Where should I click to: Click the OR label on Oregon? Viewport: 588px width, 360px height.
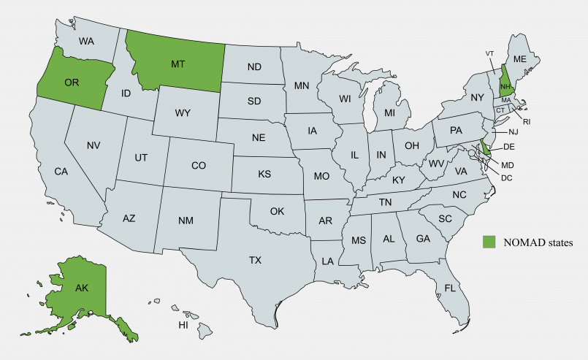tap(72, 83)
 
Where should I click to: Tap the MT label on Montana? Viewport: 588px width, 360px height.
tap(178, 64)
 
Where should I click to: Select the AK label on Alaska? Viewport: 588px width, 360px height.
tap(82, 288)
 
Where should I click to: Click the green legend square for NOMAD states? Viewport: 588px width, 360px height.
tap(489, 240)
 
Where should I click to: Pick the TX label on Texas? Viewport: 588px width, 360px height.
tap(255, 259)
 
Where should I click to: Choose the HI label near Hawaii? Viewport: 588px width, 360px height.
tap(183, 323)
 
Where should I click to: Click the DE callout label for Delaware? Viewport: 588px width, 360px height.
tap(510, 146)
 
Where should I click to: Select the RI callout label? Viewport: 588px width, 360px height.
tap(527, 121)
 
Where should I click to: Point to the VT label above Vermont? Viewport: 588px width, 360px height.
tap(490, 53)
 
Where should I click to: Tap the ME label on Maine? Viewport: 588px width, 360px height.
tap(520, 58)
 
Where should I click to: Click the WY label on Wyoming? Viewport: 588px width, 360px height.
tap(183, 113)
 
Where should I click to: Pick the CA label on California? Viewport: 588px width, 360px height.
tap(61, 172)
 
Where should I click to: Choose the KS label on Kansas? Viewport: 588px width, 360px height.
tap(264, 175)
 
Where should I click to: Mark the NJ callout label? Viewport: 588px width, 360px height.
tap(513, 131)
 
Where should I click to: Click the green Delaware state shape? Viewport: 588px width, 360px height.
tap(485, 148)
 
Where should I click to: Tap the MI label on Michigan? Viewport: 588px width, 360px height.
tap(389, 114)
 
